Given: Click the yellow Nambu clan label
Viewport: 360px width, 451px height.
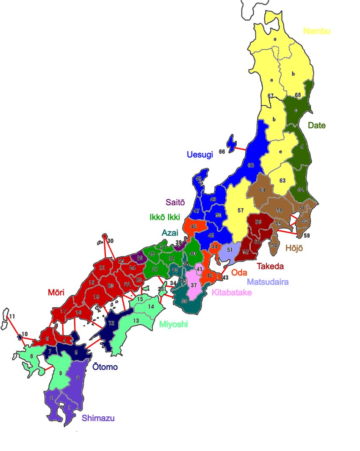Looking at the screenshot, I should click(x=317, y=31).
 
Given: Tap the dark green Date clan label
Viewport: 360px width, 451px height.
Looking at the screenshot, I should click(x=316, y=125).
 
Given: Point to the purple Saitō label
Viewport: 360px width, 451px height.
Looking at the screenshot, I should click(x=174, y=203).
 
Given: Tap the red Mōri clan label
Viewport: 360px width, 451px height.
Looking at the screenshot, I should click(x=57, y=292).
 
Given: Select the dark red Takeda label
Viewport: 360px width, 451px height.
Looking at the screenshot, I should click(x=270, y=266).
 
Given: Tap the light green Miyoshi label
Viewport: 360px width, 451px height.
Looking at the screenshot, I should click(x=173, y=324).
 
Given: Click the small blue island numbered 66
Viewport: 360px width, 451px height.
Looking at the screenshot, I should click(x=232, y=143).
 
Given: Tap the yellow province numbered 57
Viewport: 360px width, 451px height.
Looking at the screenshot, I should click(x=240, y=210).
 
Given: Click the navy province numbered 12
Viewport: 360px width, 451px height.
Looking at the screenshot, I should click(x=111, y=324).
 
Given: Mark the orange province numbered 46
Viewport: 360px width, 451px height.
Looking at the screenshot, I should click(x=194, y=227).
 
